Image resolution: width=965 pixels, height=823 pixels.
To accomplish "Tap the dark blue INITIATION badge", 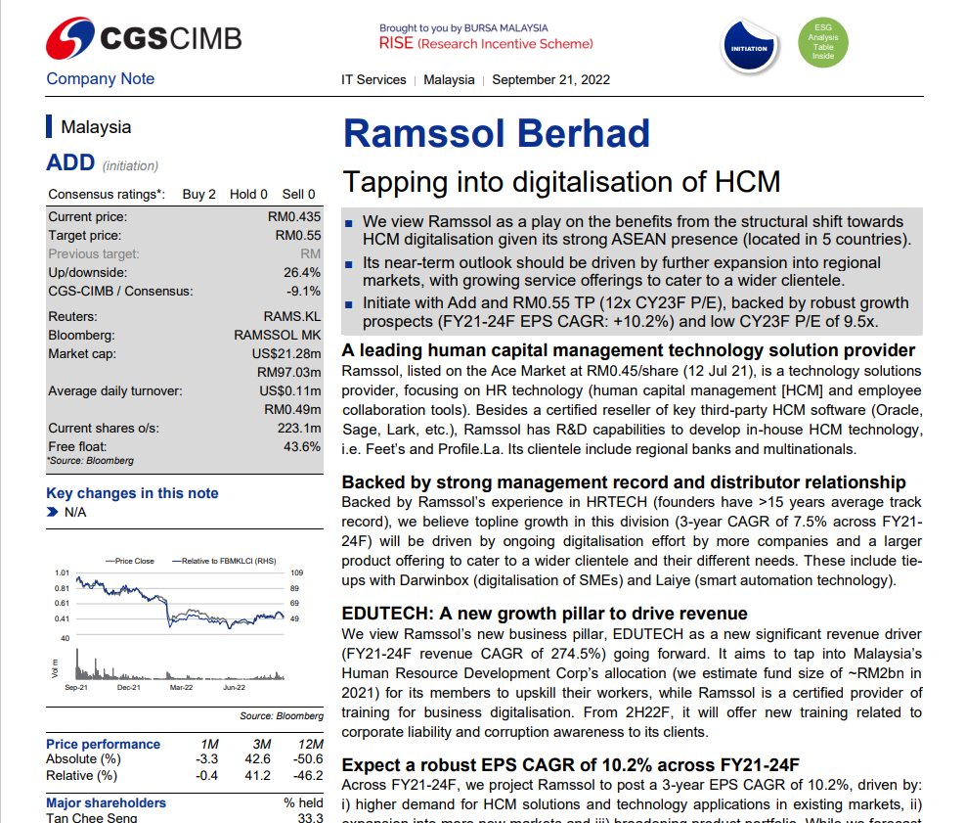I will pos(749,48).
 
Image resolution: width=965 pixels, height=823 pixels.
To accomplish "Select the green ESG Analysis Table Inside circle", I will pos(823,43).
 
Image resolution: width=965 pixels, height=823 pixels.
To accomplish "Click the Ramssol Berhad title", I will pos(497,133).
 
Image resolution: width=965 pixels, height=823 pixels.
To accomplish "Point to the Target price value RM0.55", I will pos(298,236).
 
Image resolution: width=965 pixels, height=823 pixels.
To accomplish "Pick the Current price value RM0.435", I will pos(294,217).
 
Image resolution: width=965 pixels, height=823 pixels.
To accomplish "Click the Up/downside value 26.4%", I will pos(302,272).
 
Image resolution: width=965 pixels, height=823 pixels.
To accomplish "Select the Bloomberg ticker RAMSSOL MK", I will pos(278,335).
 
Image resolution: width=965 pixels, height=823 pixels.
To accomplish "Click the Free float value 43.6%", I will pos(302,446).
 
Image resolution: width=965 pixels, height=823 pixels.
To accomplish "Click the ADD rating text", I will pos(70,162).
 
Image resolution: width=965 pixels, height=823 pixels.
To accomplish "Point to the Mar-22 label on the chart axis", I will pos(181,688).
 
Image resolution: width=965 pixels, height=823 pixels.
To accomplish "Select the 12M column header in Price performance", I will pos(313,745).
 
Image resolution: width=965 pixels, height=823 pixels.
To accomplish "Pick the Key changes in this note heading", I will pos(132,493).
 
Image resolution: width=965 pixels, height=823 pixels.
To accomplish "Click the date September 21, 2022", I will pos(550,79).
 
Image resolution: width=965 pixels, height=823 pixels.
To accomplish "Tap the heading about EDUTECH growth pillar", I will pos(545,614).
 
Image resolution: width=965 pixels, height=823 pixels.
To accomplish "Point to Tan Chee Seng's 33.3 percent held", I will pos(310,818).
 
